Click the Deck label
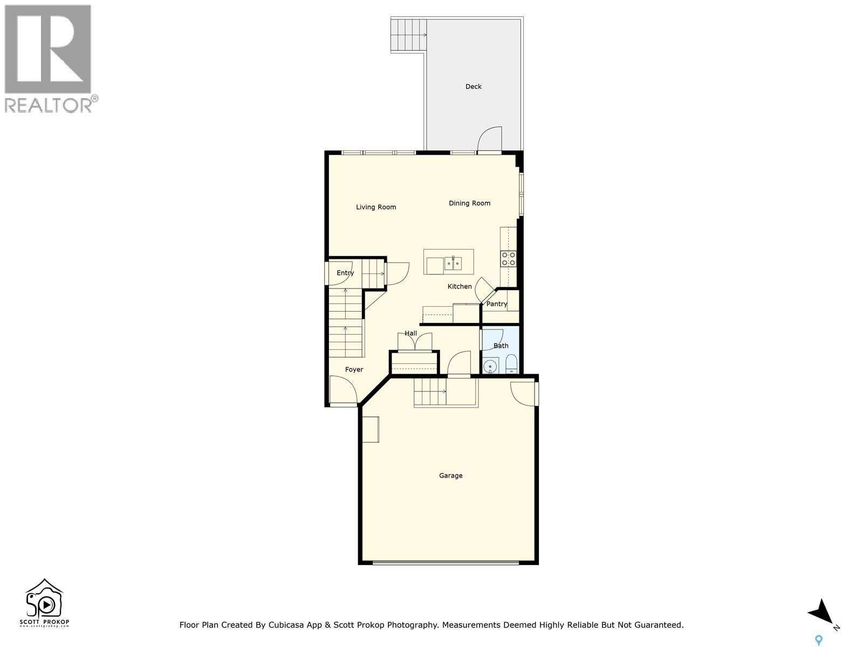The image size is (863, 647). [x=473, y=86]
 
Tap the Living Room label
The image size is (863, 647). [x=376, y=207]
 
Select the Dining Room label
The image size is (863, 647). [x=469, y=203]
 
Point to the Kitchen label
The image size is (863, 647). [x=460, y=286]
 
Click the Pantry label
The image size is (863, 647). [x=496, y=304]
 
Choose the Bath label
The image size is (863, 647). [x=501, y=346]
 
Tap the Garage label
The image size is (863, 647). [x=450, y=476]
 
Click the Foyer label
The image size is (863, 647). [x=354, y=369]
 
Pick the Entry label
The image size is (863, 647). [x=345, y=273]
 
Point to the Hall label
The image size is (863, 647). [x=410, y=333]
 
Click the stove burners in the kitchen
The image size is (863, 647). [x=508, y=259]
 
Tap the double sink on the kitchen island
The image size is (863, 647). [x=453, y=263]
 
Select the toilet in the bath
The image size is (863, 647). [x=511, y=365]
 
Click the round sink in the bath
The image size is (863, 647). [x=490, y=367]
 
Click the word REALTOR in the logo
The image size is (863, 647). [x=49, y=105]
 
